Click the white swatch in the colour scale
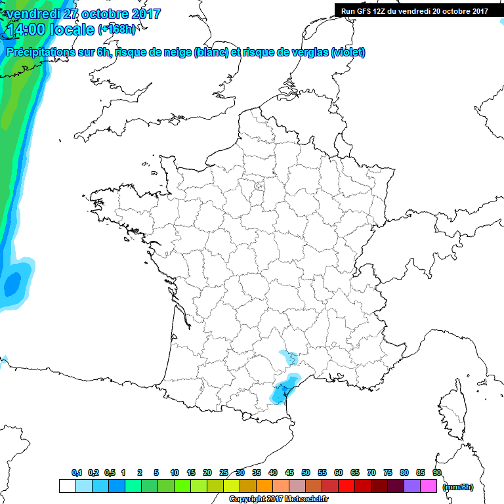pyautogui.click(x=67, y=486)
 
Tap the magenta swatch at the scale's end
pyautogui.click(x=429, y=486)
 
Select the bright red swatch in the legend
pyautogui.click(x=346, y=486)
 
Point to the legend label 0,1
pyautogui.click(x=76, y=472)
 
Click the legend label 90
pyautogui.click(x=436, y=472)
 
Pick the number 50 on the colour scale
pyautogui.click(x=306, y=472)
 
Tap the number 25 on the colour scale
pyautogui.click(x=224, y=472)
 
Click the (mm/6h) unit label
pyautogui.click(x=457, y=487)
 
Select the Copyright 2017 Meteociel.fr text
pyautogui.click(x=278, y=499)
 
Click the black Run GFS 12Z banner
pyautogui.click(x=414, y=10)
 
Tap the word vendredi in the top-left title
pyautogui.click(x=33, y=14)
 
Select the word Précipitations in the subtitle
pyautogui.click(x=40, y=52)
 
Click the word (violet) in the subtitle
pyautogui.click(x=348, y=52)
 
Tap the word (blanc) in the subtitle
pyautogui.click(x=211, y=52)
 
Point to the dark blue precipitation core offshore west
pyautogui.click(x=12, y=285)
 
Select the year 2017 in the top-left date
pyautogui.click(x=144, y=14)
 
